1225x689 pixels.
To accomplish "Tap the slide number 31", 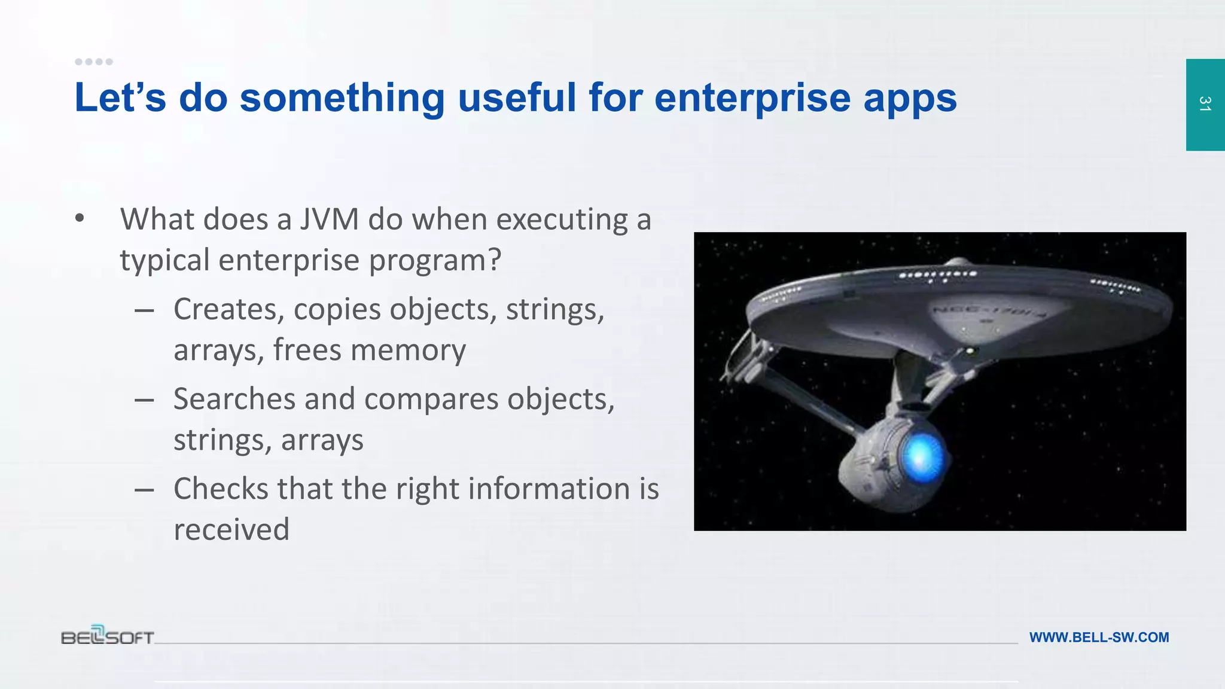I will click(x=1205, y=104).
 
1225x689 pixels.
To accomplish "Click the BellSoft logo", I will click(x=108, y=635).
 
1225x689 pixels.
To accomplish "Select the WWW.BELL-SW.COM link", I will click(x=1099, y=638).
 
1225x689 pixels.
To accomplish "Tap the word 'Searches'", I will click(x=234, y=400).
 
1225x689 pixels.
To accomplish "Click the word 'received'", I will click(x=231, y=530).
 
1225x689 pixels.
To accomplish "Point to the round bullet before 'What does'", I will click(x=80, y=219).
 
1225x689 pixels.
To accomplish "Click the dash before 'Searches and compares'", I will click(x=144, y=400).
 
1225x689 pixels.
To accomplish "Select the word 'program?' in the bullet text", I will click(x=434, y=261).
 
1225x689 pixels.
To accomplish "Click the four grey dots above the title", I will click(x=94, y=62).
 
